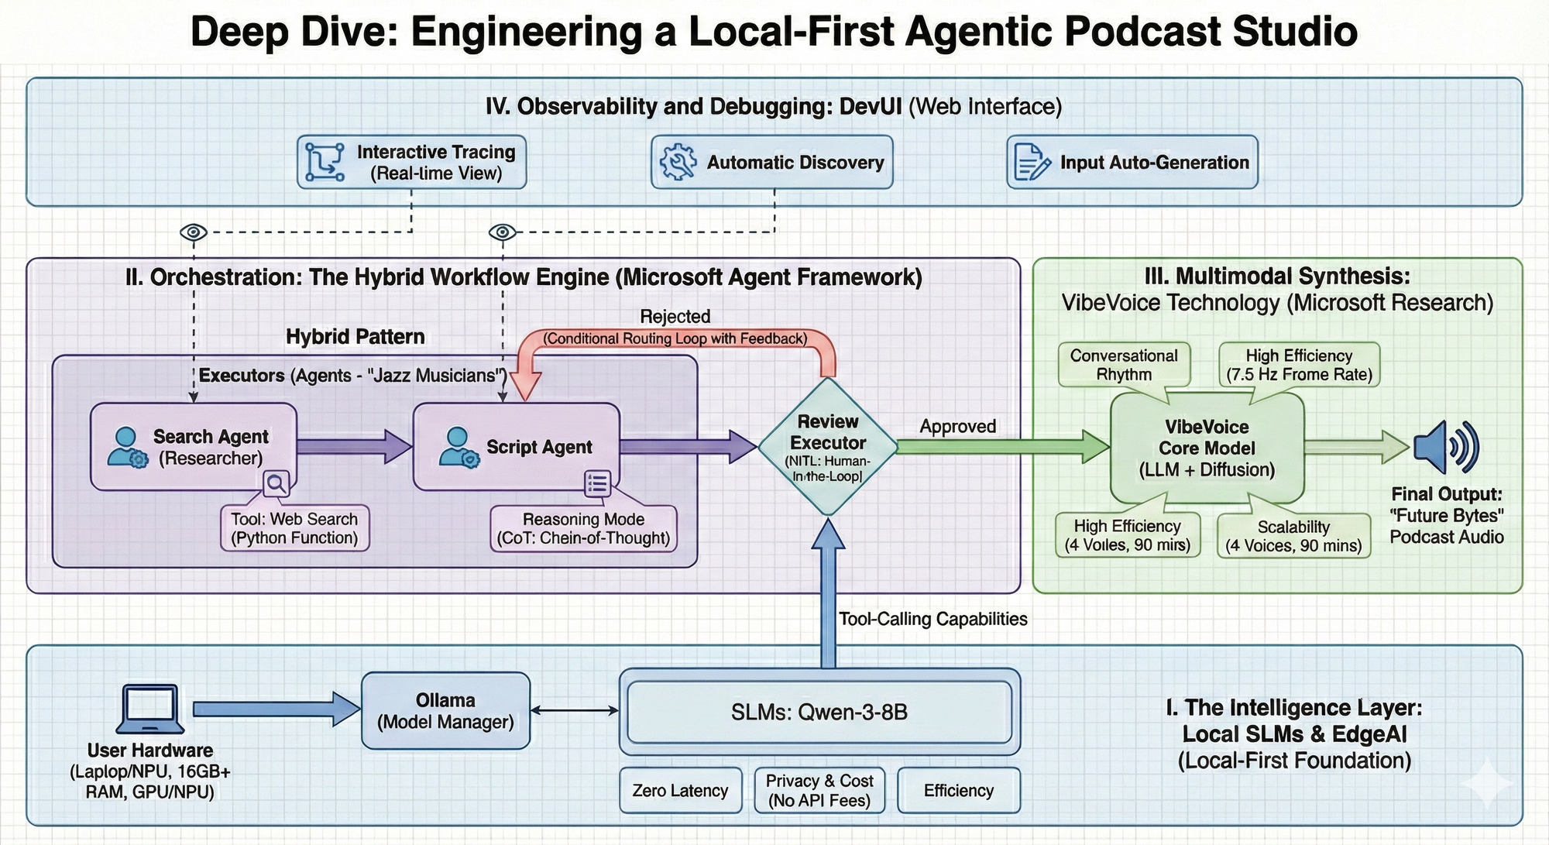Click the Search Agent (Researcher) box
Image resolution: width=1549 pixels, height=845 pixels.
(x=194, y=447)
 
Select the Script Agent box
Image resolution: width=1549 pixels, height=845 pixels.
(x=517, y=447)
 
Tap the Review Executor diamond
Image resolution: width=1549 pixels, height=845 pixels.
(x=828, y=447)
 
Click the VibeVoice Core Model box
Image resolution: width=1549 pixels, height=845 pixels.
(x=1207, y=448)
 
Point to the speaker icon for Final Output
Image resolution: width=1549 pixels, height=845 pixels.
(x=1446, y=447)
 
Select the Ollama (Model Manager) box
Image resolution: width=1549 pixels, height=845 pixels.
(x=445, y=711)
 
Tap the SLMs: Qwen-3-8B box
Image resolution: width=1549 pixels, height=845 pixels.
(x=819, y=712)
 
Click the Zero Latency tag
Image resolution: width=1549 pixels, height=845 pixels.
(x=680, y=791)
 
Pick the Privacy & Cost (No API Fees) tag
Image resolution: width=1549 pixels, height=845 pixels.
(x=819, y=791)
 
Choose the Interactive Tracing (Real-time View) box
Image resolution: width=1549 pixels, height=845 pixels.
(x=412, y=163)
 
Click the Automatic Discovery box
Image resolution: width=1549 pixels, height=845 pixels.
(x=772, y=163)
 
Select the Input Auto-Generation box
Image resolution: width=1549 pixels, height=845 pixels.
(x=1132, y=163)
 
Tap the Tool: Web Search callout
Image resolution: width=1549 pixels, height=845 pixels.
(x=294, y=528)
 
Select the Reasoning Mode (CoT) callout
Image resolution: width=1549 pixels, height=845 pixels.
(x=584, y=529)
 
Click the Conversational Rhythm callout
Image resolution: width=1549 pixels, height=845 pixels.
(x=1124, y=365)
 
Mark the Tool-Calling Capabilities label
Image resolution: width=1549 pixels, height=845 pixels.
(x=933, y=619)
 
